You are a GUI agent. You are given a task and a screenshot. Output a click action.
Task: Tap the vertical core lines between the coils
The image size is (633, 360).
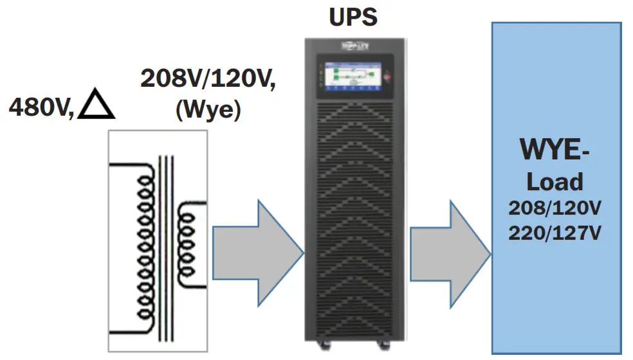point(167,247)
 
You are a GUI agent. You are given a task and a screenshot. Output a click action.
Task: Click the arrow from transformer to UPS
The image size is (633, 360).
point(257,247)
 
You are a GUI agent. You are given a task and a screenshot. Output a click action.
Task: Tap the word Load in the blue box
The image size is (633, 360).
point(555,181)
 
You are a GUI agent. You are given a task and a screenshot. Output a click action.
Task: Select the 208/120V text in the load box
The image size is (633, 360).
point(555,208)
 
